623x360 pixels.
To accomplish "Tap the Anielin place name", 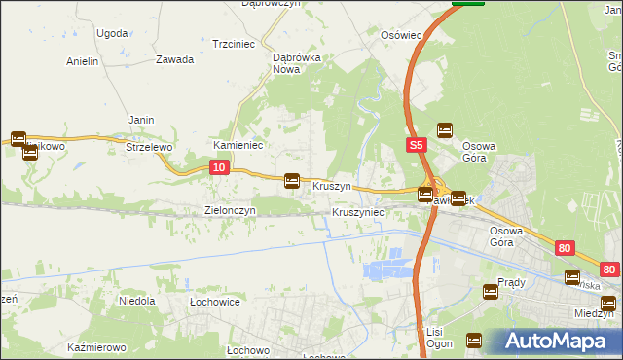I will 83,61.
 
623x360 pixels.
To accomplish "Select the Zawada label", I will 174,59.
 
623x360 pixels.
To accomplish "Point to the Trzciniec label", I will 234,44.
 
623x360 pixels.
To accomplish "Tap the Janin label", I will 142,120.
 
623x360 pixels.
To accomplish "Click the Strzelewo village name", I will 149,147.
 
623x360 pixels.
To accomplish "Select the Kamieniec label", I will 234,145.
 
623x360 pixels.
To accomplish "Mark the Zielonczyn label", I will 230,210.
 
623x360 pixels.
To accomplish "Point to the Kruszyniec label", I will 358,211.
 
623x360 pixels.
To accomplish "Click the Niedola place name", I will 137,301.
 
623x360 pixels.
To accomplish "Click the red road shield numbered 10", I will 219,168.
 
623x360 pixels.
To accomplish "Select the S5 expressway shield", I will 416,145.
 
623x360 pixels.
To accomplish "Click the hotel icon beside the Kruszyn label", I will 291,180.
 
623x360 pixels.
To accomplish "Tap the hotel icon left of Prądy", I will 492,291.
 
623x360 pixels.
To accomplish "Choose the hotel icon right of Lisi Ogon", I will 474,341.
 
